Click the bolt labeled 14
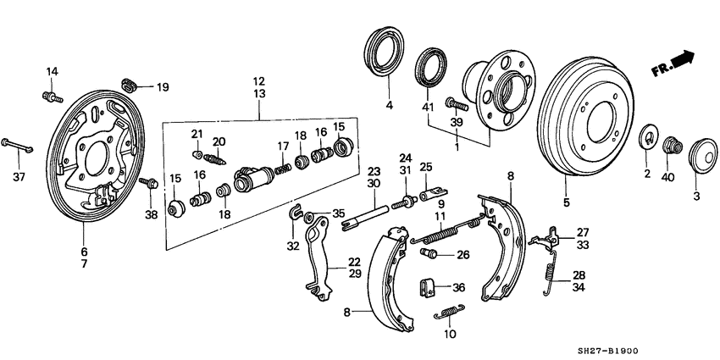tap(50, 97)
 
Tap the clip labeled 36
tap(429, 287)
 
